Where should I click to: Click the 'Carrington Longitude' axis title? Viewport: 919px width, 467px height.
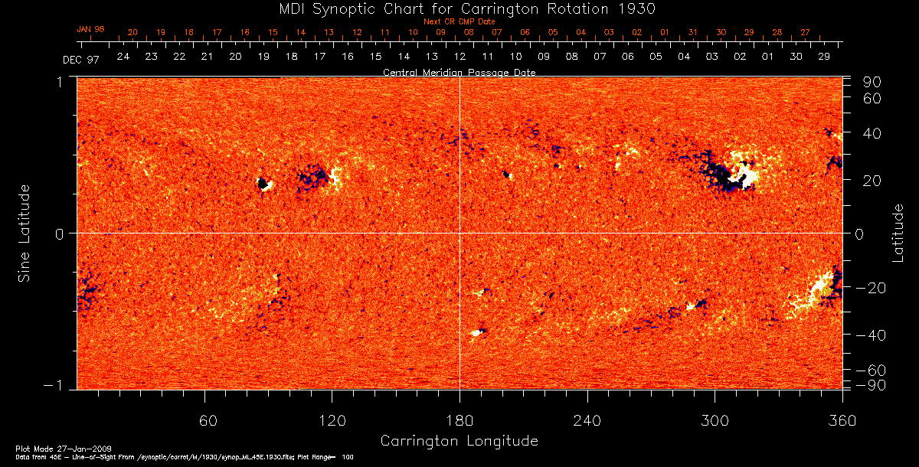459,441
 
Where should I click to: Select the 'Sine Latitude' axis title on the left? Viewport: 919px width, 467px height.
25,233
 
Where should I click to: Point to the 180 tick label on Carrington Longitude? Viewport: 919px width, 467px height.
459,420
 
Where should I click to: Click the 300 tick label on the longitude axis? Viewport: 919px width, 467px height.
714,420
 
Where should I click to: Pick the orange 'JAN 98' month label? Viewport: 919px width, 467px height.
90,29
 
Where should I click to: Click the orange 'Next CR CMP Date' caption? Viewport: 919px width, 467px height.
459,22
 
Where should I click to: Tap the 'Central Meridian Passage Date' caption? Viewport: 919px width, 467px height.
459,73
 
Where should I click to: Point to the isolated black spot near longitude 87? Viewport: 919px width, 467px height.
263,184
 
